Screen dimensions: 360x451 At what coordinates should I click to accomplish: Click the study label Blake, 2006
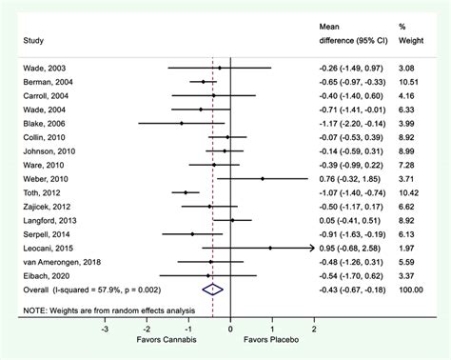pos(38,123)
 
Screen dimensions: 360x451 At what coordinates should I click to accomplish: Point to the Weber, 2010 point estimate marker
pos(263,178)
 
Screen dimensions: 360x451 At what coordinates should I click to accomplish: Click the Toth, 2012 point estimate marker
pos(186,192)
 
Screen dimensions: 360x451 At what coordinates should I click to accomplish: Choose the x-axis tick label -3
pos(105,327)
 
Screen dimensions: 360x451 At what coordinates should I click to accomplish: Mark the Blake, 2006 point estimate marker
pos(182,123)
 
